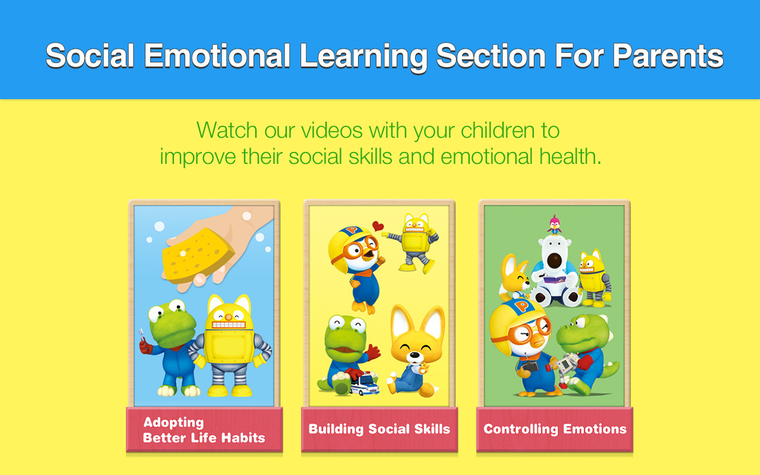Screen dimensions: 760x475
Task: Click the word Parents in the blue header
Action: click(x=668, y=56)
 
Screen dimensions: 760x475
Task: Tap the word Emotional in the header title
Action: click(x=217, y=56)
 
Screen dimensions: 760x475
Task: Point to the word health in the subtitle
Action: click(x=568, y=156)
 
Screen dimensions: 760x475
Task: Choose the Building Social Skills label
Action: click(x=379, y=429)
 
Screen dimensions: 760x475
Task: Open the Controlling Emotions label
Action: click(x=555, y=429)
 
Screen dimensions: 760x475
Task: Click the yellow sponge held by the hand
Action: click(x=198, y=255)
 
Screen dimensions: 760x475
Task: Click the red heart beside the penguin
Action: click(x=378, y=226)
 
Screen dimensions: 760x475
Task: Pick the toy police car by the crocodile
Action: click(x=365, y=384)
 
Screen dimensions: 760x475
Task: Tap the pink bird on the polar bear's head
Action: click(x=554, y=224)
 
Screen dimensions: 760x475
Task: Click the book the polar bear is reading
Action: click(x=555, y=280)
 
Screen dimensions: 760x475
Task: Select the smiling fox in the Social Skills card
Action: click(x=416, y=351)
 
